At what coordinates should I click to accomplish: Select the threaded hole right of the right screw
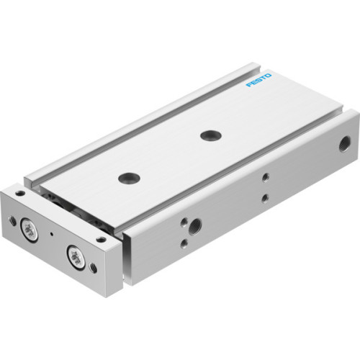93,268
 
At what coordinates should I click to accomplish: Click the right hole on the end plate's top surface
101,238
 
